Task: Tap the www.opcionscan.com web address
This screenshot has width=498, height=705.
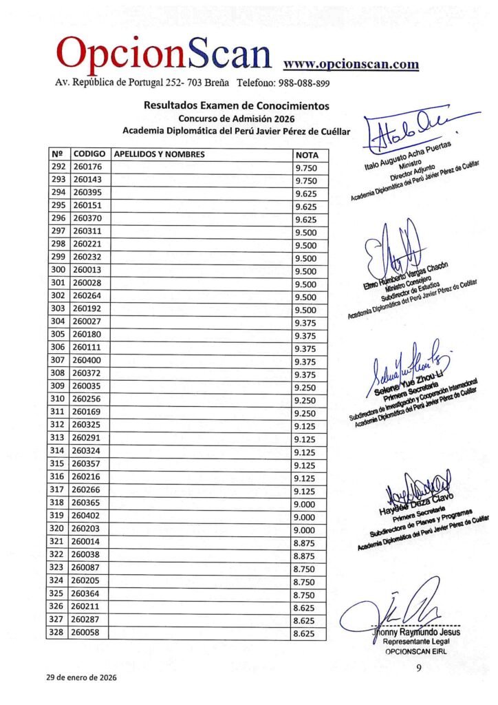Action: (x=351, y=64)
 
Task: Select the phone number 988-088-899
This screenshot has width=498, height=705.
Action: (x=303, y=83)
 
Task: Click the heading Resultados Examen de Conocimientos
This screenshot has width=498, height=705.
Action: (x=236, y=106)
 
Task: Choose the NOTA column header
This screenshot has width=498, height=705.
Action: (x=306, y=155)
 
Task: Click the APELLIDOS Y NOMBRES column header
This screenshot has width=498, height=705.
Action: (x=160, y=155)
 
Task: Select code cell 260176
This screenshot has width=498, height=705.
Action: (x=87, y=167)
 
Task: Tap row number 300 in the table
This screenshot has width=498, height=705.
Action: (x=58, y=271)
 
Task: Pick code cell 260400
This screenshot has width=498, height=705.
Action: (x=87, y=361)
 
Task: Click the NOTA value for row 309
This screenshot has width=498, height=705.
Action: (x=305, y=388)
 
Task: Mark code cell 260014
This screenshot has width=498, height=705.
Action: (x=87, y=543)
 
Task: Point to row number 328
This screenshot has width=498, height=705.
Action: (x=58, y=633)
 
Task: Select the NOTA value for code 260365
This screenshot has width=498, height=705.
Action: (x=305, y=504)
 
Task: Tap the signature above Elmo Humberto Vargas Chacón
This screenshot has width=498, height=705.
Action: (x=392, y=248)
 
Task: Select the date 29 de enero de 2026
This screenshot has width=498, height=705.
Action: (x=82, y=677)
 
